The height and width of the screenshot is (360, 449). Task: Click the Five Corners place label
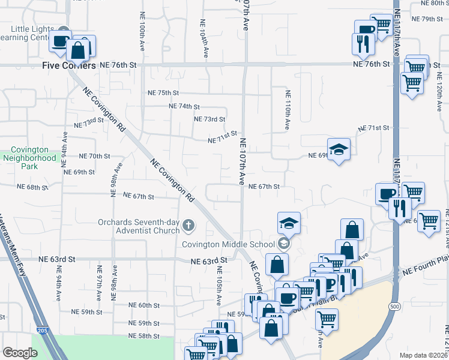point(69,65)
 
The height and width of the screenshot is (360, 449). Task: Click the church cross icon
point(188,226)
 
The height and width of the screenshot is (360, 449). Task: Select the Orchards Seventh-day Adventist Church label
point(139,226)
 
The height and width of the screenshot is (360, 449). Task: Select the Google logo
point(20,353)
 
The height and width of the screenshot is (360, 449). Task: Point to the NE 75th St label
point(163,93)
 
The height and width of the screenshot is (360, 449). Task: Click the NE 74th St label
point(184,106)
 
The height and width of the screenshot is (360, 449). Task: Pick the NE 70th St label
point(95,156)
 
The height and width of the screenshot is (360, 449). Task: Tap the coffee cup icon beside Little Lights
point(60,41)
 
